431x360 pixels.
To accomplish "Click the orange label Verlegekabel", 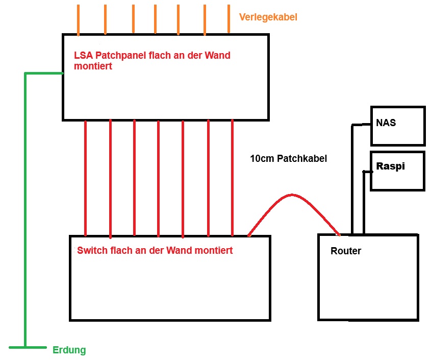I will coord(268,17).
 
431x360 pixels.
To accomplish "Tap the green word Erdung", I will coord(69,350).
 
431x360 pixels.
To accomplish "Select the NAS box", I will coord(397,126).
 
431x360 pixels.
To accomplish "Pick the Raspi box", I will coord(397,171).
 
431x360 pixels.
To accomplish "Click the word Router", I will coord(346,251).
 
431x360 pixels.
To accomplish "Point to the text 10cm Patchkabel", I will coord(288,158).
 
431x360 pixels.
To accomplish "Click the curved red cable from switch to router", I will coord(292,196).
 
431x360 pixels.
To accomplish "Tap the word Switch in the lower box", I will coord(91,250).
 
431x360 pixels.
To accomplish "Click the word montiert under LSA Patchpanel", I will coord(93,66).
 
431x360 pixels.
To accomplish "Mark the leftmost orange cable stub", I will coord(79,19).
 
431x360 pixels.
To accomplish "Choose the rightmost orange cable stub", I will coord(229,19).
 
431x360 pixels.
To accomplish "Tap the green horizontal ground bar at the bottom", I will coord(28,347).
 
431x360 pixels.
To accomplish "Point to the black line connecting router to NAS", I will coord(352,179).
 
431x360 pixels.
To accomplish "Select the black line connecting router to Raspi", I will coord(364,204).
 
